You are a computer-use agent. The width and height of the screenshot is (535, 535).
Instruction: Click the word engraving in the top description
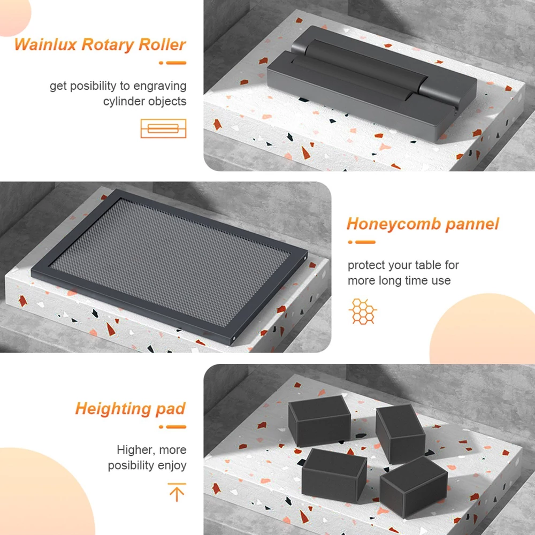pyautogui.click(x=159, y=86)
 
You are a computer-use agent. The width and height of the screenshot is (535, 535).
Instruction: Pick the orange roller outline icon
pyautogui.click(x=163, y=128)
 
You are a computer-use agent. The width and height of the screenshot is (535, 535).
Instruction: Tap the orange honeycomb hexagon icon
pyautogui.click(x=363, y=311)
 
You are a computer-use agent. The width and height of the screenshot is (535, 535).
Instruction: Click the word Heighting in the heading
pyautogui.click(x=113, y=409)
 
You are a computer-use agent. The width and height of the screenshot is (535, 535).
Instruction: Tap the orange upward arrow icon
pyautogui.click(x=177, y=492)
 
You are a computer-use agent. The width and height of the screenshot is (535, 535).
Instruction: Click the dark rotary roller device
pyautogui.click(x=372, y=84)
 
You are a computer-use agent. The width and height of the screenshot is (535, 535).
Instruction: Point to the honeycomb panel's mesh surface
pyautogui.click(x=170, y=262)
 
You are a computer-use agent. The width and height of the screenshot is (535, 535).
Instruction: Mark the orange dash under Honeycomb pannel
pyautogui.click(x=362, y=242)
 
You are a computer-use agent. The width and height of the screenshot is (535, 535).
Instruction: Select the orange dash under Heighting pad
pyautogui.click(x=173, y=427)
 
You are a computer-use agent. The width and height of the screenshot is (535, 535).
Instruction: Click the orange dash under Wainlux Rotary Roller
pyautogui.click(x=173, y=63)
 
